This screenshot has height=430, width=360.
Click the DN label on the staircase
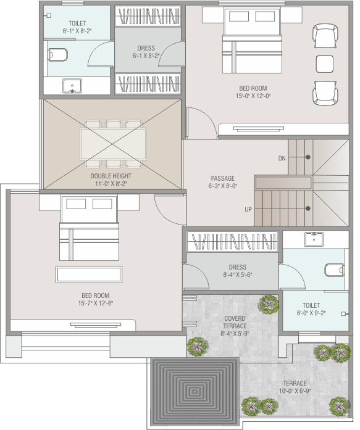point(282,158)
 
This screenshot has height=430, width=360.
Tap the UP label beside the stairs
point(248,210)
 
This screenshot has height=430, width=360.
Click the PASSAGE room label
point(223,178)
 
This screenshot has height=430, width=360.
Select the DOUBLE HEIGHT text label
point(111,176)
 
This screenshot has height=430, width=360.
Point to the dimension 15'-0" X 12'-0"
point(253,96)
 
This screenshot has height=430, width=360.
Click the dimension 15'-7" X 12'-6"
point(96,304)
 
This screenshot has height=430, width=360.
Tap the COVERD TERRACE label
point(235,322)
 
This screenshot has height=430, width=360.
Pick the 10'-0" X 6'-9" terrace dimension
point(295,391)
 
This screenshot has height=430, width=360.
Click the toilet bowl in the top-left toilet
point(57,55)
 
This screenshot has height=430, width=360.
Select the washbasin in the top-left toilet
point(72,86)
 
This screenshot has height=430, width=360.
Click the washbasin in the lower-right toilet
point(314,239)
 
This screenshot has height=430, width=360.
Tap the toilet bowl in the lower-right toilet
point(335,270)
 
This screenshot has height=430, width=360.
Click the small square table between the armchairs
point(325,64)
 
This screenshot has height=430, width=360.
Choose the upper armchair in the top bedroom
point(325,36)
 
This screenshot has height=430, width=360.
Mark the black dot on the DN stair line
point(308,157)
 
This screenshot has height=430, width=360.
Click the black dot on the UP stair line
point(308,209)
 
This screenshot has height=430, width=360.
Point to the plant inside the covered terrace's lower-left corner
point(197,347)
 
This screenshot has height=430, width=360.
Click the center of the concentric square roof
point(195,392)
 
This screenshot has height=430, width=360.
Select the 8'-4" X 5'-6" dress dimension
point(238,275)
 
